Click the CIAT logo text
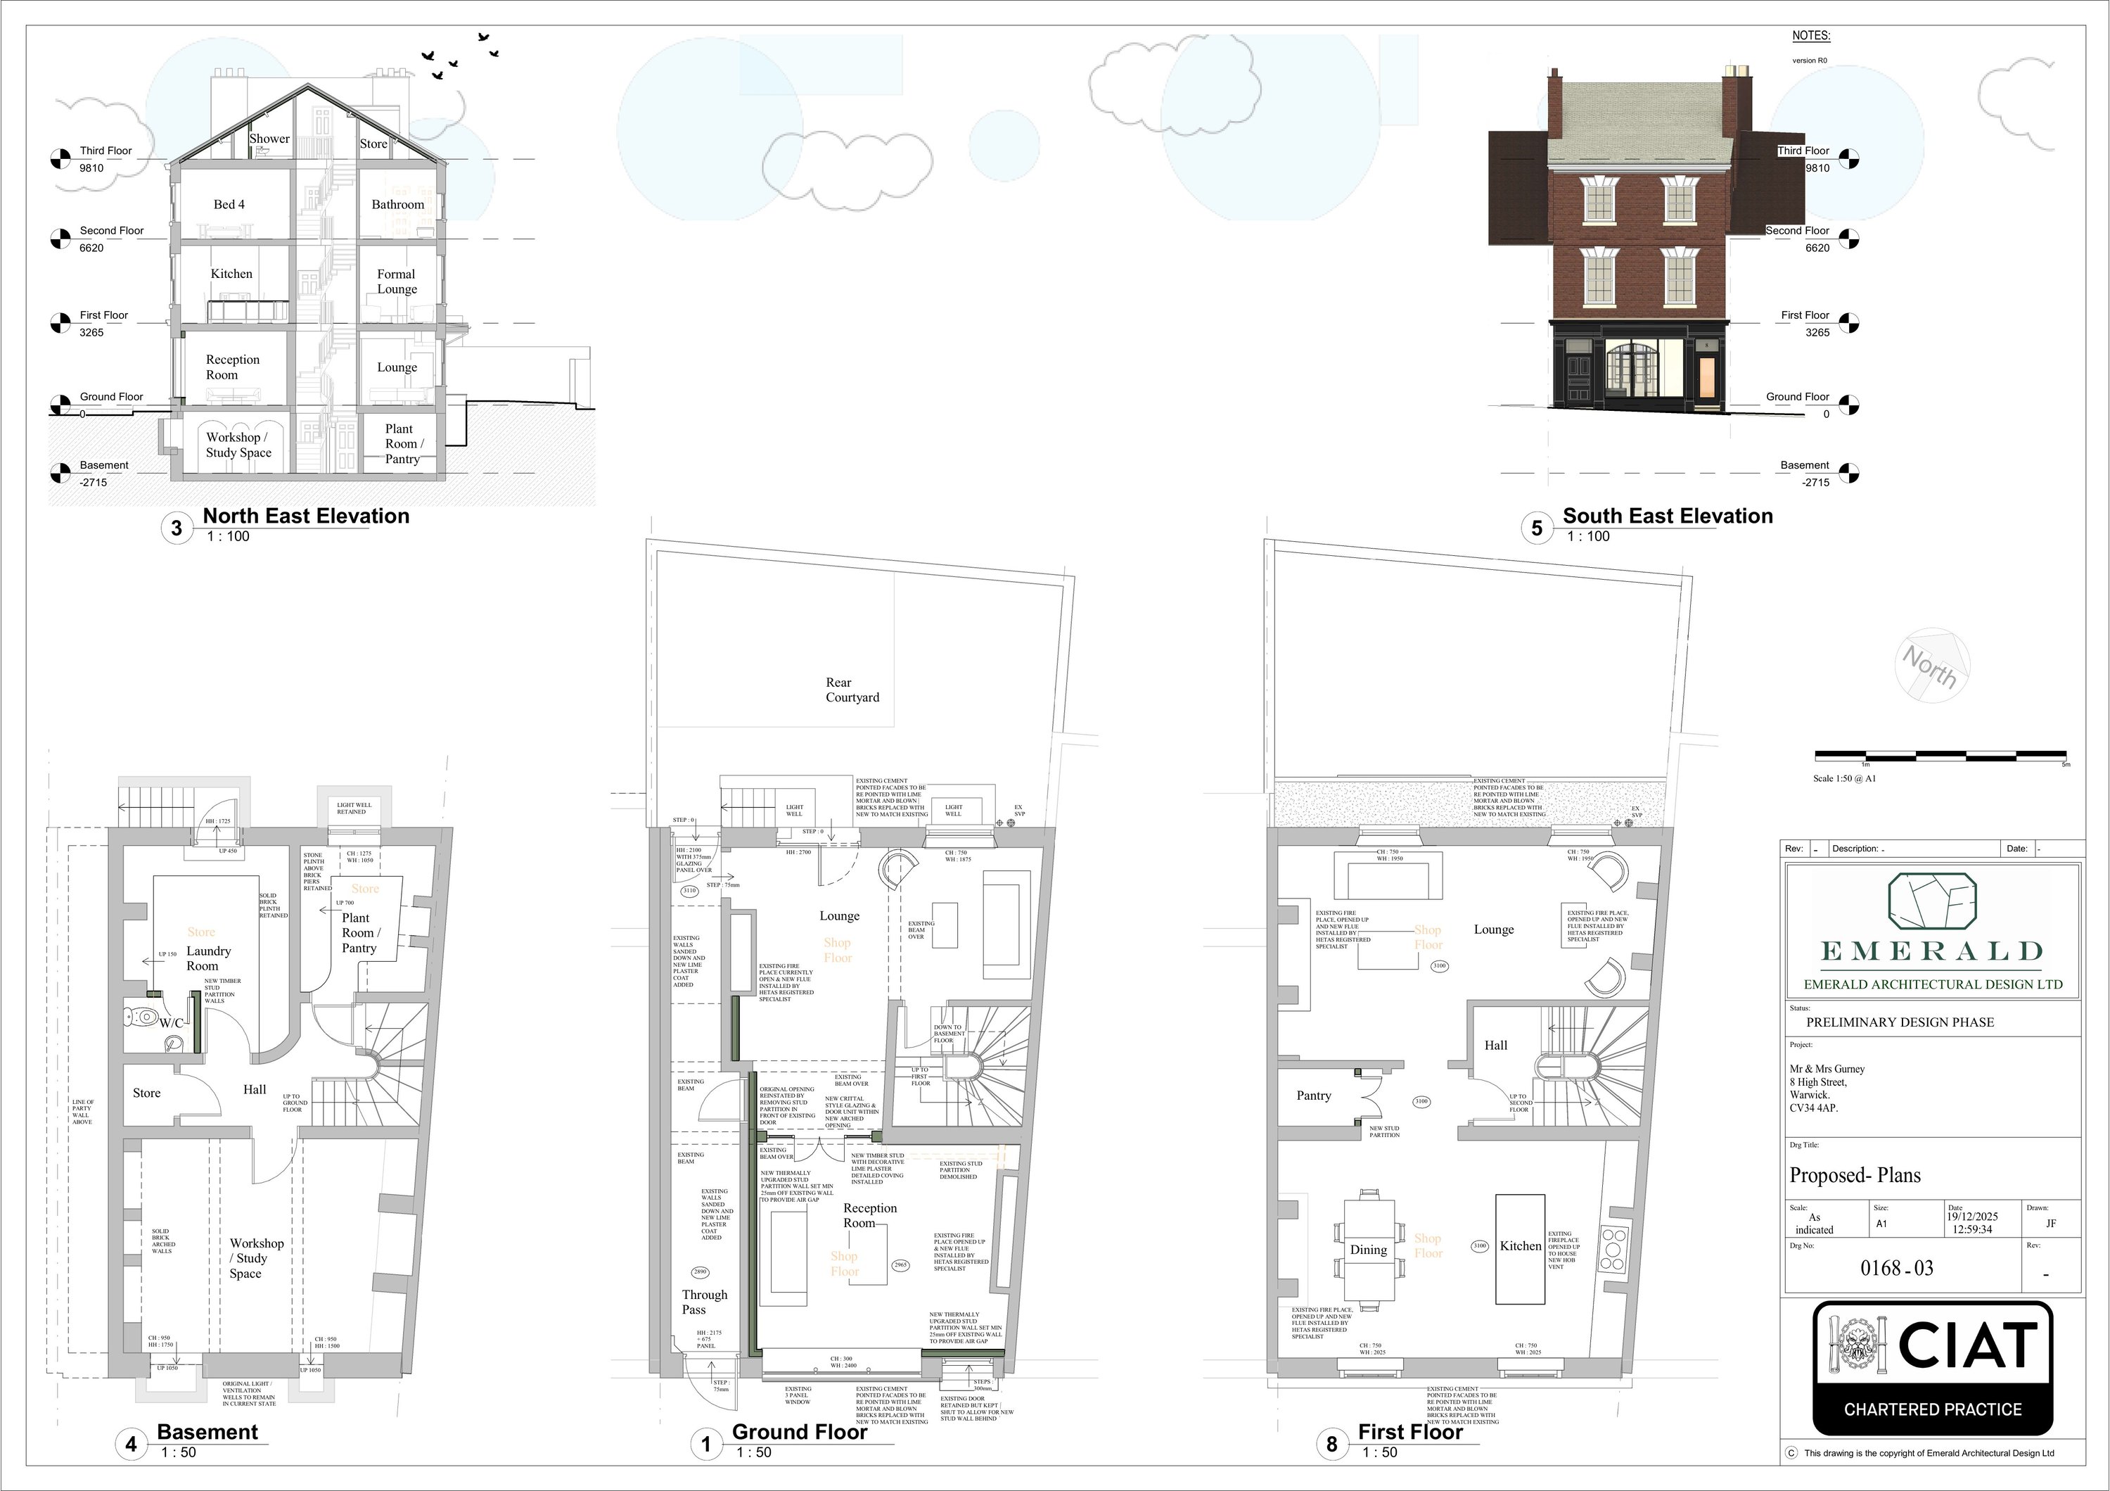(1967, 1347)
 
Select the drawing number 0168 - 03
(1897, 1269)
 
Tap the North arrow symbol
(1933, 665)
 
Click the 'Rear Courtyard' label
(851, 690)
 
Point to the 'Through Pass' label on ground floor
(704, 1302)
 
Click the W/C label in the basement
(172, 1022)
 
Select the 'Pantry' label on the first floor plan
(1313, 1095)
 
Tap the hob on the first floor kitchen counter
(1613, 1248)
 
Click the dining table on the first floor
(1369, 1248)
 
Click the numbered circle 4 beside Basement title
(131, 1444)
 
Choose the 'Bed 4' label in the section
(229, 204)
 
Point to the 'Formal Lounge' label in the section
(396, 281)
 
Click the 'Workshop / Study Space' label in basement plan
(255, 1257)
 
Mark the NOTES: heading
(1810, 36)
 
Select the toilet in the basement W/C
(141, 1017)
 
